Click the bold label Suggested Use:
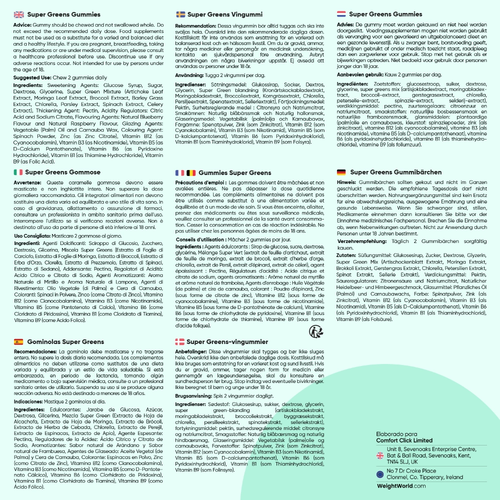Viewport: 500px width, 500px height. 31,78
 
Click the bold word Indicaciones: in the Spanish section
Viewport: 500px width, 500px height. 31,401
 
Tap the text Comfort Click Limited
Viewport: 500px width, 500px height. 404,440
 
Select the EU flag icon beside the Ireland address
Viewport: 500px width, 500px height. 380,474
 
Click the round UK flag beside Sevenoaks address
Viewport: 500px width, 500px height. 380,455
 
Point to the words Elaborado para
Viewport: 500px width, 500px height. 394,434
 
